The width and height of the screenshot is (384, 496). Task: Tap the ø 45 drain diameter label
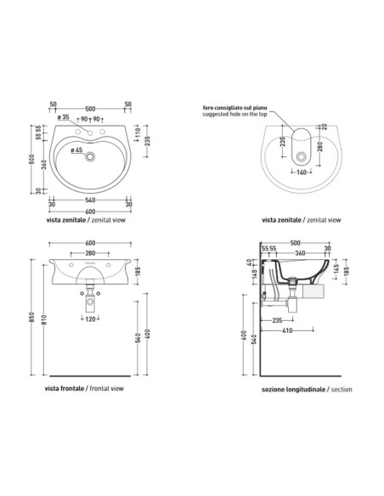[77, 150]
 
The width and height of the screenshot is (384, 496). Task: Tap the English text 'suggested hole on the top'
[233, 114]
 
